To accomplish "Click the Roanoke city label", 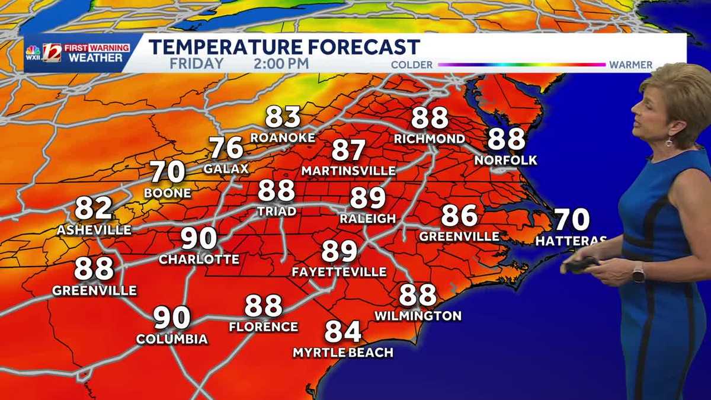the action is [283, 137].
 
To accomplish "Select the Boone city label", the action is [168, 193].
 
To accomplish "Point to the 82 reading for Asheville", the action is [94, 209].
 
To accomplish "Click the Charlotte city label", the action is [199, 260].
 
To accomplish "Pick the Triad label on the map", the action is [277, 212].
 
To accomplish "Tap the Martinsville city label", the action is [348, 171].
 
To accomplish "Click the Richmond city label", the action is [430, 139].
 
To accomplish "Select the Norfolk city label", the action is [506, 161].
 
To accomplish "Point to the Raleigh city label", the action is [367, 219].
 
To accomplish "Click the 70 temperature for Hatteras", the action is [572, 220].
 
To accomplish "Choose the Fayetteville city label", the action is [339, 272].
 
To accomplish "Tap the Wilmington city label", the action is [418, 316].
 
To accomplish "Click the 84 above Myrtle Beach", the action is [343, 332].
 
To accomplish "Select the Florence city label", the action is [263, 327].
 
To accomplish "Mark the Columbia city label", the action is [172, 340].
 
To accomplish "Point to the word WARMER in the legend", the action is [630, 65].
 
